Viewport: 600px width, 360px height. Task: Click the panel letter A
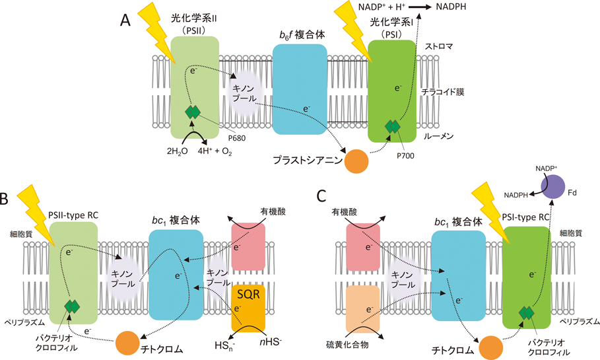click(x=125, y=20)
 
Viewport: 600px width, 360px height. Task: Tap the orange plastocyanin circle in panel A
click(x=356, y=162)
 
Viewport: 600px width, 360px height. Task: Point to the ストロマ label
click(x=438, y=48)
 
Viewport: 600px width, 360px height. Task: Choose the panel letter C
click(x=321, y=196)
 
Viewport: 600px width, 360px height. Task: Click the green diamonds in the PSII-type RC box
click(x=72, y=306)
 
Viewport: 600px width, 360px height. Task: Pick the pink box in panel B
click(x=248, y=246)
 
